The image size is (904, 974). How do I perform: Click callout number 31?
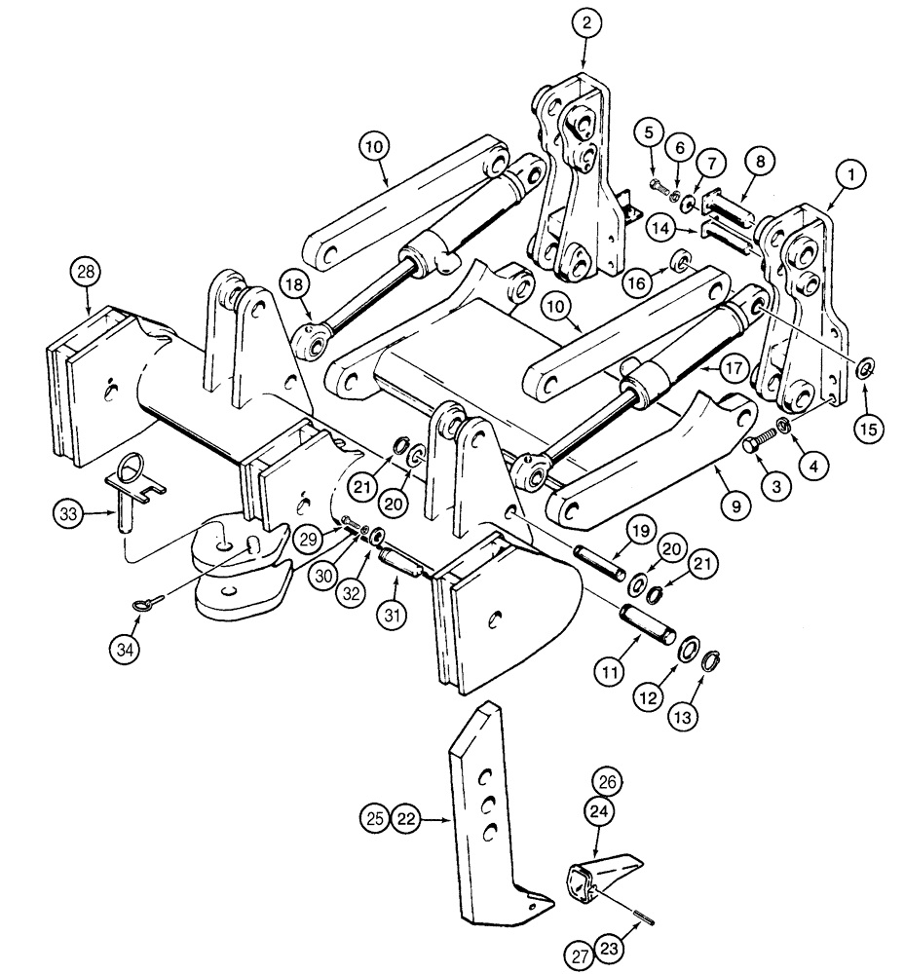[x=394, y=588]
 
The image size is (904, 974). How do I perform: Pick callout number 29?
[x=309, y=536]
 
